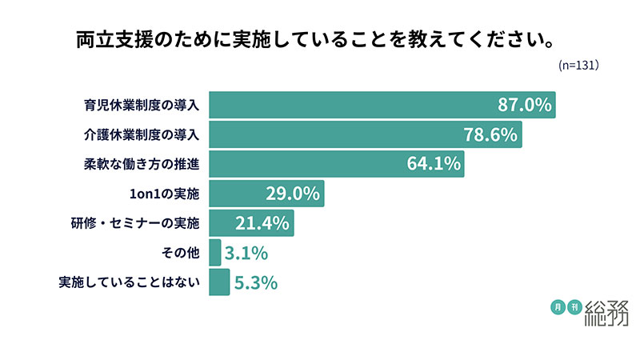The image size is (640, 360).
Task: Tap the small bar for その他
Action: [214, 253]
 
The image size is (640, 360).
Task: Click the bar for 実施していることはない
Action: [218, 282]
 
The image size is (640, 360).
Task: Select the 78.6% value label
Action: [490, 134]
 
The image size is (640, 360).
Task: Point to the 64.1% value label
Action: [434, 164]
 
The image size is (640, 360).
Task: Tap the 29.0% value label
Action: [292, 194]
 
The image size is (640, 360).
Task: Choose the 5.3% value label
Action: [256, 282]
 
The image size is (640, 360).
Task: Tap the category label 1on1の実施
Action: [162, 194]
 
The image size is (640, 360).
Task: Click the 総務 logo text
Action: [606, 313]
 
